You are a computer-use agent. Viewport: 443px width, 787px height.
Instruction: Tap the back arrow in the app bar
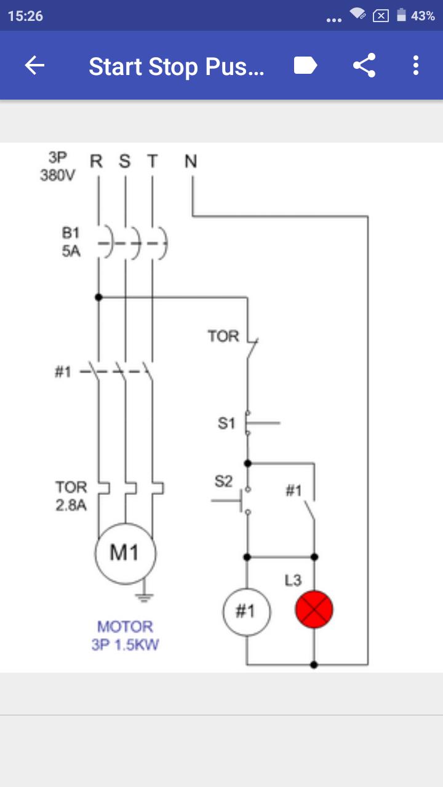34,65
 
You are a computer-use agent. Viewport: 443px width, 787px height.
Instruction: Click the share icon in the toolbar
364,65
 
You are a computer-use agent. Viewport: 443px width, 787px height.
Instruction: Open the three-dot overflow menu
416,65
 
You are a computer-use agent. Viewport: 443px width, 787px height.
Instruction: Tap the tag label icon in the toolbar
306,65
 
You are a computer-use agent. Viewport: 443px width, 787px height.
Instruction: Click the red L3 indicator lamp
314,609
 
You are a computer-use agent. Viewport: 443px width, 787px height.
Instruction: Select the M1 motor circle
125,554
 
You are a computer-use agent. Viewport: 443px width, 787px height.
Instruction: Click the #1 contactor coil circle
247,612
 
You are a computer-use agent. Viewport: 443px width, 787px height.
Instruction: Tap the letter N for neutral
191,161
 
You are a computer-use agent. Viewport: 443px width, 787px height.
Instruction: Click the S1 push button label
226,423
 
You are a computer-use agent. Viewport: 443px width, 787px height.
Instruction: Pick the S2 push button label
223,481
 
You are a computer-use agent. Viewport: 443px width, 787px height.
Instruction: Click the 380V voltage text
58,175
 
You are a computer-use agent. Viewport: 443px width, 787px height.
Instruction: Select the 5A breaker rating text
71,251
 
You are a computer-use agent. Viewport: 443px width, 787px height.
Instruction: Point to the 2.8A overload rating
71,505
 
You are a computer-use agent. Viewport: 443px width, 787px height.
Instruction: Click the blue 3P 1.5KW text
125,644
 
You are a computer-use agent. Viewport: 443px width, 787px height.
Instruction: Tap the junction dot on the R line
98,297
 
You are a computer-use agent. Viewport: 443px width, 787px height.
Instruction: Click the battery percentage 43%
423,16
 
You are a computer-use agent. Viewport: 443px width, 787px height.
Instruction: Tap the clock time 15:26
25,16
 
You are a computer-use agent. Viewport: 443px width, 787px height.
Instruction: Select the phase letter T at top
152,161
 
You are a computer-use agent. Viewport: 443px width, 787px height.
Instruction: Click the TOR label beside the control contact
223,336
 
